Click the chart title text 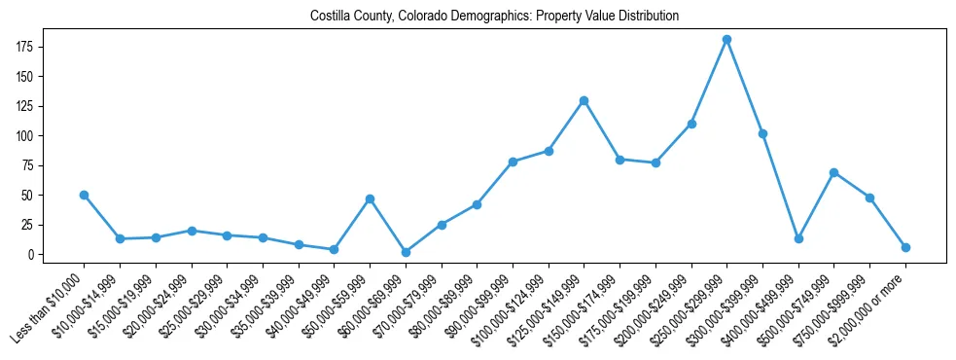[x=494, y=17]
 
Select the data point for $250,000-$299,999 [x=726, y=40]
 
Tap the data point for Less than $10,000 [x=85, y=195]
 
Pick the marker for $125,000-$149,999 [x=584, y=100]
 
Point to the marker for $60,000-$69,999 [x=406, y=252]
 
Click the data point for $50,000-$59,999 [x=370, y=198]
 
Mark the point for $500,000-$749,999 [x=833, y=172]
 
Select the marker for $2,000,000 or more [x=905, y=247]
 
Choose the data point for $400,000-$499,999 [x=798, y=238]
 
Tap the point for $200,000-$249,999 [x=691, y=124]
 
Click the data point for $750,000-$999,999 [x=869, y=198]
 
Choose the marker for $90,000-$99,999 [x=513, y=162]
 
